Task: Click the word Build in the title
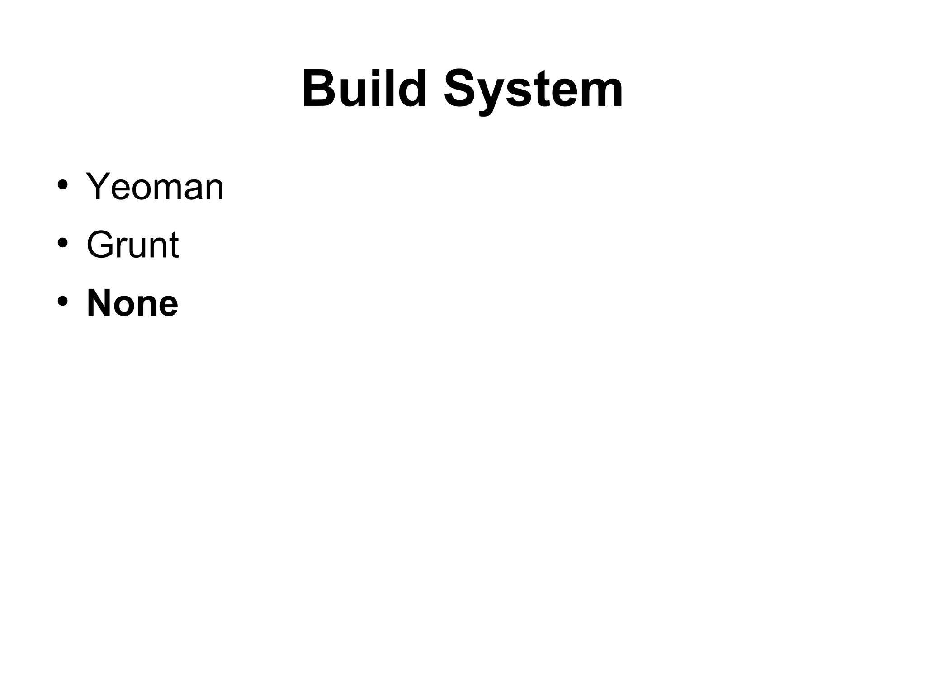pos(364,89)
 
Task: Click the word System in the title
pos(534,90)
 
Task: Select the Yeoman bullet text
pos(155,187)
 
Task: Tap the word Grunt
pos(132,245)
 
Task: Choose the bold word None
pos(132,303)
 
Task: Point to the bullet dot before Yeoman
pos(62,185)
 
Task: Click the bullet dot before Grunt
pos(62,243)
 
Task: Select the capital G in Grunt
pos(101,245)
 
